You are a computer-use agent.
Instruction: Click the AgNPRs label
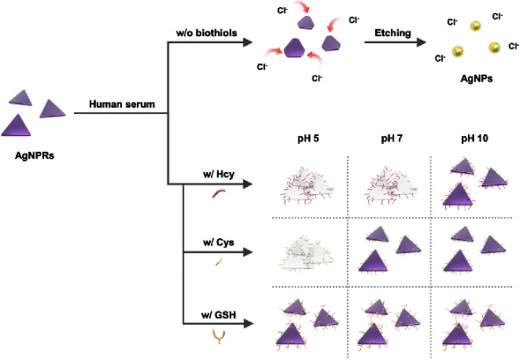point(34,155)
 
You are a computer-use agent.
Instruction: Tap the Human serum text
point(122,104)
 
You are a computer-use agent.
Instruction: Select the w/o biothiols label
point(206,33)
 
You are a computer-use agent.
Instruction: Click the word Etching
point(393,33)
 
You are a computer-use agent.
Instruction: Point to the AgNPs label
point(476,79)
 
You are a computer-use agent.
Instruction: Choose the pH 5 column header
point(308,139)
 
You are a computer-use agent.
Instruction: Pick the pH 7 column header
point(392,139)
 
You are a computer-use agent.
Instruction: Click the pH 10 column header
point(474,139)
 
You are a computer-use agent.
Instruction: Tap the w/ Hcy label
point(219,175)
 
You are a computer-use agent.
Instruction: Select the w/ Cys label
point(219,242)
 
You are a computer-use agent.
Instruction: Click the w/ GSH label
point(219,315)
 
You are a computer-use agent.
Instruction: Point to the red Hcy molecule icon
point(219,194)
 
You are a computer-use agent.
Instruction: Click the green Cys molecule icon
point(219,261)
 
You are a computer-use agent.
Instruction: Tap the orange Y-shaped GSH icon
point(219,336)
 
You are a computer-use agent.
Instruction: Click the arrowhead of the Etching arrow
point(421,42)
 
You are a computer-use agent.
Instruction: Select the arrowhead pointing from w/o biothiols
point(248,42)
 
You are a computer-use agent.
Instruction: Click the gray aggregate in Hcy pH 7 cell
point(391,185)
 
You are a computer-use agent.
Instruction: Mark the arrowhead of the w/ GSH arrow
point(248,324)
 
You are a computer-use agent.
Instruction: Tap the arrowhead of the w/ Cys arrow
point(248,252)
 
